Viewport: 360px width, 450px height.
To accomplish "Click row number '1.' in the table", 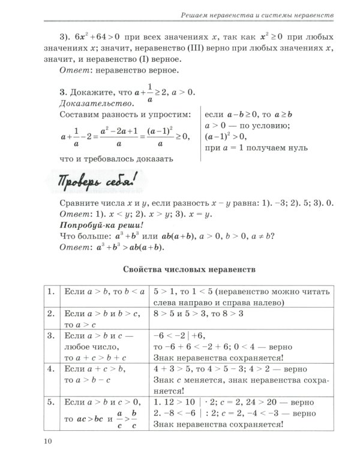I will (x=51, y=292).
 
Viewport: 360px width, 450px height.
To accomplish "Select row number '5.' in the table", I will (x=51, y=400).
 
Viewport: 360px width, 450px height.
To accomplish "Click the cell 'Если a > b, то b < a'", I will (x=104, y=292).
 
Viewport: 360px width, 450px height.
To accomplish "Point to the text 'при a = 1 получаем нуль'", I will (x=257, y=147).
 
